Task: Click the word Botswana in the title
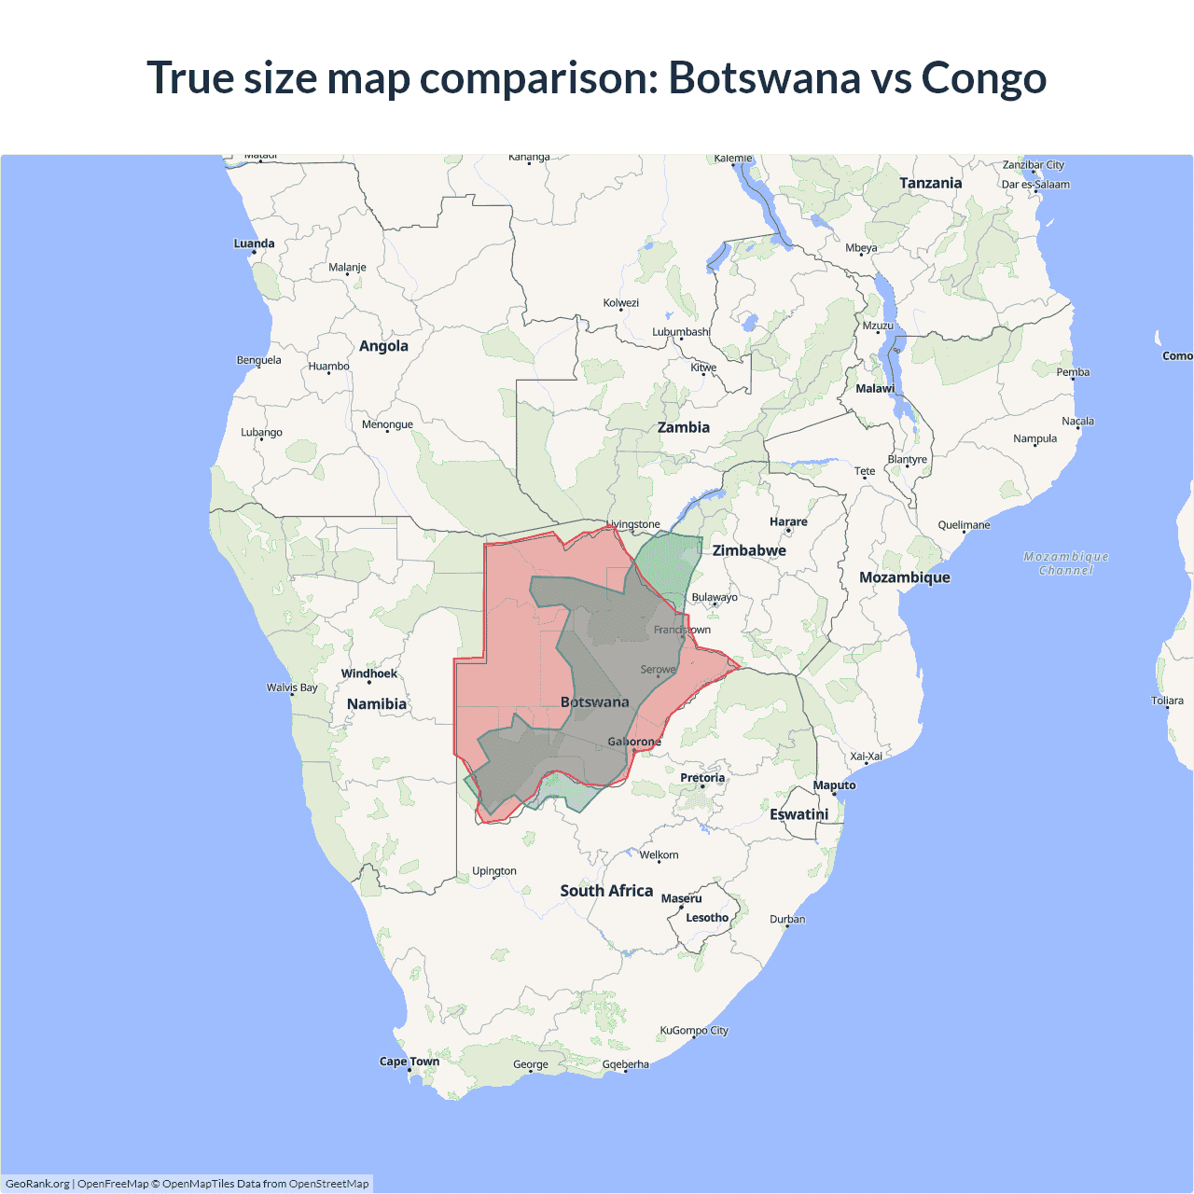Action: [x=765, y=78]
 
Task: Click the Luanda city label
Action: [x=254, y=243]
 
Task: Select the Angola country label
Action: [x=383, y=346]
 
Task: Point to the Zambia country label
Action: [x=683, y=427]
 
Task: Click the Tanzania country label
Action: [x=930, y=183]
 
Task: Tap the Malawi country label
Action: [x=875, y=388]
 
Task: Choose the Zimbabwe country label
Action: [x=749, y=550]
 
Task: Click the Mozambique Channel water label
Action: [x=1066, y=563]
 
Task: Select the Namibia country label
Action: [x=377, y=704]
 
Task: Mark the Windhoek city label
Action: [x=369, y=673]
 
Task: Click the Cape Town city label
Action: [x=410, y=1062]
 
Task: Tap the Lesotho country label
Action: [x=707, y=918]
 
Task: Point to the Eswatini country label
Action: [x=799, y=814]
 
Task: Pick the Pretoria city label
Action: [x=702, y=778]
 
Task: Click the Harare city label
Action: [x=788, y=522]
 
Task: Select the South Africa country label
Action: [x=606, y=891]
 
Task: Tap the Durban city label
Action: [x=787, y=919]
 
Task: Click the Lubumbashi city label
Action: [x=681, y=332]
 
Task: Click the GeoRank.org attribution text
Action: [x=37, y=1184]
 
